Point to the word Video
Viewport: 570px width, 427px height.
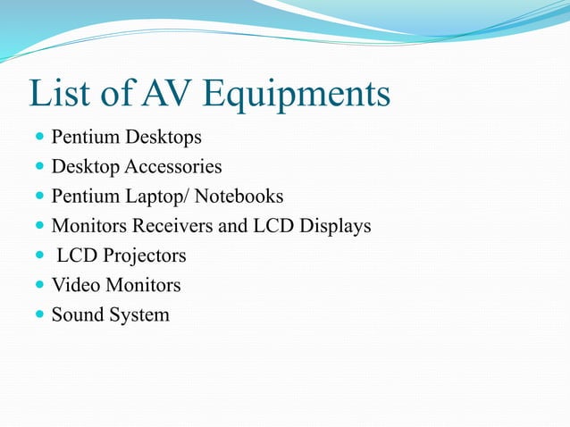coord(74,286)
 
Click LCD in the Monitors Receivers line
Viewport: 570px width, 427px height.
coord(272,226)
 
